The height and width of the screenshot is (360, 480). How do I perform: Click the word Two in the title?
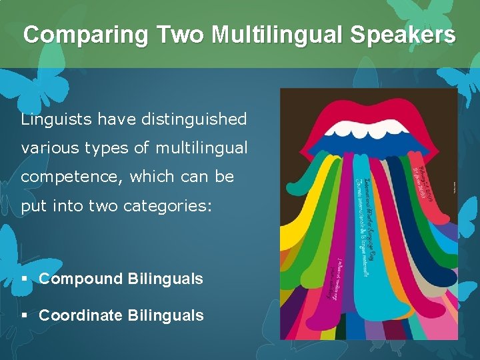pyautogui.click(x=175, y=35)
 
